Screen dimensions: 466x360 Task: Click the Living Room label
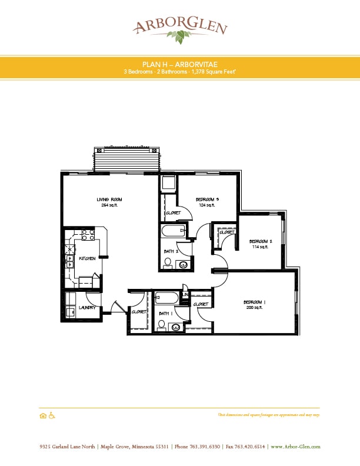tap(109, 200)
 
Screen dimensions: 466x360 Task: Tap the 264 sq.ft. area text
tap(109, 205)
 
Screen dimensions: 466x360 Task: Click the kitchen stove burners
tap(88, 235)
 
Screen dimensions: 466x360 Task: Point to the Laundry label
tap(87, 307)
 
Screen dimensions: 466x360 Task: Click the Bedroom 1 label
tap(255, 302)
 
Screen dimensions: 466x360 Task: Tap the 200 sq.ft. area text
tap(255, 308)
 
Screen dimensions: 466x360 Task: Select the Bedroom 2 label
tap(259, 241)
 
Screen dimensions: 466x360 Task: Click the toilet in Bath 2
tap(168, 263)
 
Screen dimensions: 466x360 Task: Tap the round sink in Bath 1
tap(176, 327)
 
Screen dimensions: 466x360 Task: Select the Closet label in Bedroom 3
tap(173, 212)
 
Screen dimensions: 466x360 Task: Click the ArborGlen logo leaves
tap(178, 37)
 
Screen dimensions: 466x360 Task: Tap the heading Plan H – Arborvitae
tap(179, 64)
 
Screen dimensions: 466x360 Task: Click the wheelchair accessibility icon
tap(51, 415)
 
